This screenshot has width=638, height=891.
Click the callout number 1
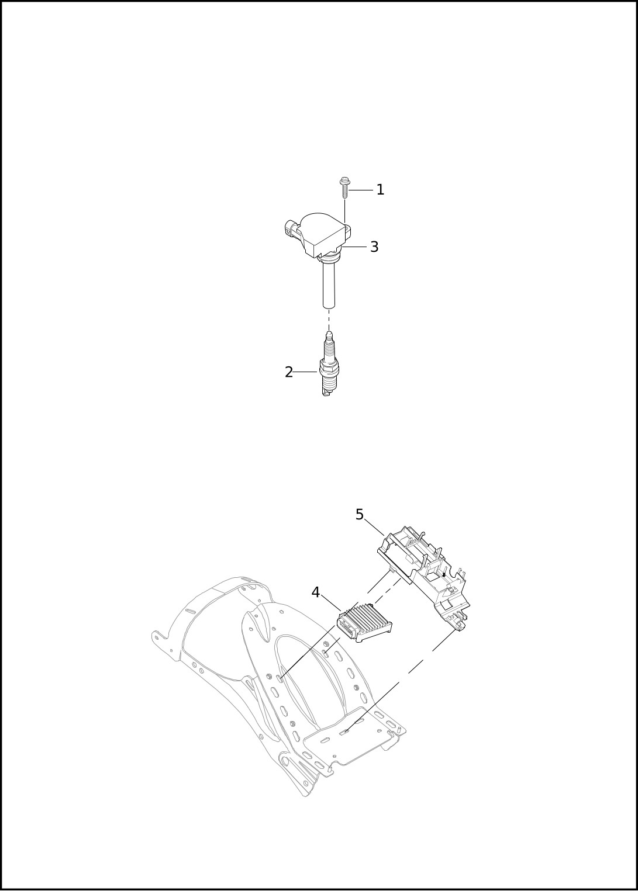380,190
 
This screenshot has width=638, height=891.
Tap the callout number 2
289,372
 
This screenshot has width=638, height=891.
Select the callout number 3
374,247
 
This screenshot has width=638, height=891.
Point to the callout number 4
315,604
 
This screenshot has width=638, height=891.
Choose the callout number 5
360,515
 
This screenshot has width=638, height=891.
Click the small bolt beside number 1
343,188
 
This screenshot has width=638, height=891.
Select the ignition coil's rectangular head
322,235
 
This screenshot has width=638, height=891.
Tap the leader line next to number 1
360,190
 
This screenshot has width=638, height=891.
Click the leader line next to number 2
306,372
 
